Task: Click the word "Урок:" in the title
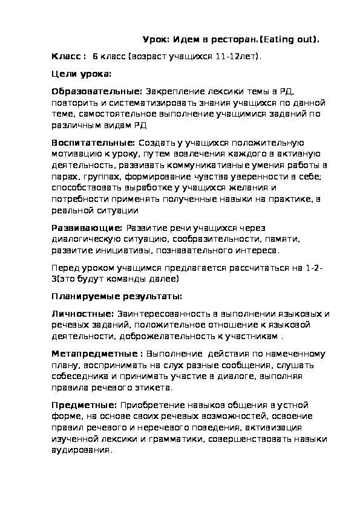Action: point(155,39)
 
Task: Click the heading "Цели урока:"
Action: point(80,74)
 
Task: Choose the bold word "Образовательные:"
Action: point(97,92)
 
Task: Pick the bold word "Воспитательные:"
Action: point(94,143)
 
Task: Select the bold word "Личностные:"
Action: point(83,314)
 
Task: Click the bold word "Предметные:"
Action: point(84,405)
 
